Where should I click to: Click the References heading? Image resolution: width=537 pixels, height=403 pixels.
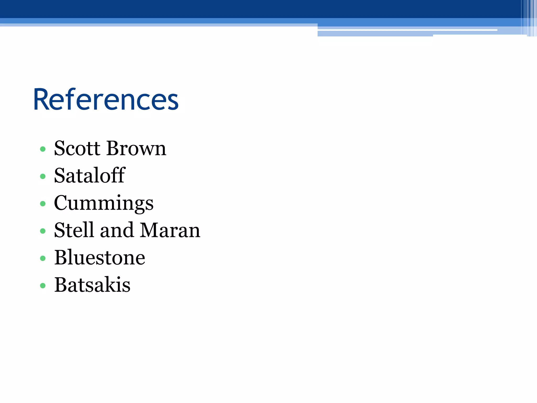pyautogui.click(x=106, y=100)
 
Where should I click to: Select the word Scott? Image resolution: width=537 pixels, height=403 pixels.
pyautogui.click(x=77, y=148)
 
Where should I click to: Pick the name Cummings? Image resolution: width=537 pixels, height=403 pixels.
pyautogui.click(x=104, y=203)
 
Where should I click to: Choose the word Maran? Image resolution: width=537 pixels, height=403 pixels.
pyautogui.click(x=170, y=230)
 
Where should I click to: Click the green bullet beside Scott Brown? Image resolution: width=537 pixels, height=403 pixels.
pyautogui.click(x=43, y=149)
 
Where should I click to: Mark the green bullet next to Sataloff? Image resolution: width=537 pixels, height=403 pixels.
pyautogui.click(x=43, y=176)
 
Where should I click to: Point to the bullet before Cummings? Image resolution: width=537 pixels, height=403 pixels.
pyautogui.click(x=43, y=204)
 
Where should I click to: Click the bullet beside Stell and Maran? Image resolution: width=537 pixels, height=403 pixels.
pyautogui.click(x=43, y=231)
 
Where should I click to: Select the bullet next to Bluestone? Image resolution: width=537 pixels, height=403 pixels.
pyautogui.click(x=43, y=258)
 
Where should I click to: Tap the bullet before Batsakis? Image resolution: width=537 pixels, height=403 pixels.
pyautogui.click(x=43, y=285)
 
